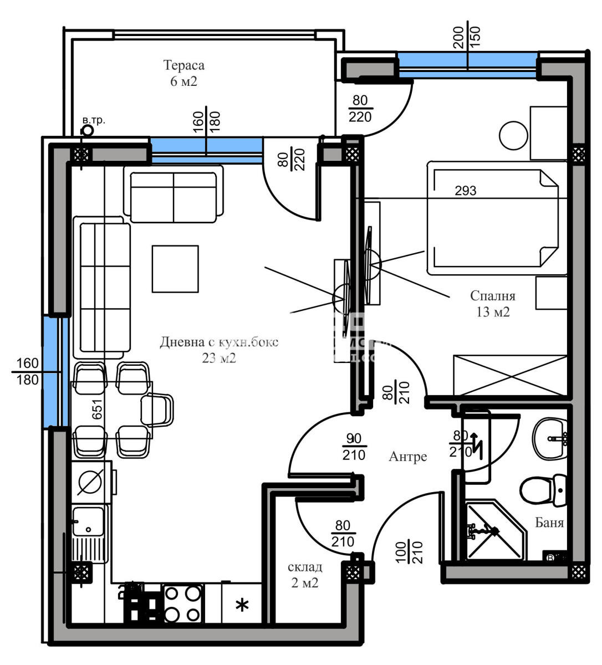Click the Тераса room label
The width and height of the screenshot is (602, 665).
[x=183, y=66]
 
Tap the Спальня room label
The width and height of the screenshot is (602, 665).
[x=492, y=296]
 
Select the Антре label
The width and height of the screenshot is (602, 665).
[x=407, y=457]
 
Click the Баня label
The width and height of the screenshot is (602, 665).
[x=549, y=523]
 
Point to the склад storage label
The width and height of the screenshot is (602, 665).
[x=304, y=567]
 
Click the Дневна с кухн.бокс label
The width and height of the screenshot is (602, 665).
[x=219, y=342]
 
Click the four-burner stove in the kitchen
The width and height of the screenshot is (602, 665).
[x=182, y=603]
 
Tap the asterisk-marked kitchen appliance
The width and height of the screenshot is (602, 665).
[x=242, y=605]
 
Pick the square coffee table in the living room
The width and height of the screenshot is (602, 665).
[x=175, y=269]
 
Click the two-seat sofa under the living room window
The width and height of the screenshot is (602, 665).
[x=173, y=195]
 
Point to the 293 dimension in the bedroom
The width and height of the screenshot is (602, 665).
[x=465, y=191]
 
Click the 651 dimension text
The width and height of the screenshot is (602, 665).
[x=98, y=410]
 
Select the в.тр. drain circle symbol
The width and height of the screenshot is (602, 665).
[x=87, y=131]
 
